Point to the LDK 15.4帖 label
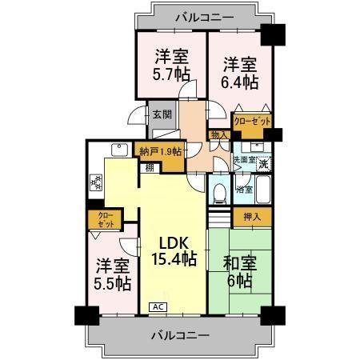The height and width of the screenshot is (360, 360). pyautogui.click(x=174, y=250)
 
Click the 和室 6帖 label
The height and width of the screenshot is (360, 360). pyautogui.click(x=239, y=272)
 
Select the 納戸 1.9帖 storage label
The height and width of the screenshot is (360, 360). pyautogui.click(x=160, y=151)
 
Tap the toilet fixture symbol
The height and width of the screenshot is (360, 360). pyautogui.click(x=218, y=190)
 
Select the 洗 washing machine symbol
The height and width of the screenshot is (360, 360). pyautogui.click(x=263, y=163)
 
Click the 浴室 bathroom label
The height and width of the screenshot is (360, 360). pyautogui.click(x=245, y=190)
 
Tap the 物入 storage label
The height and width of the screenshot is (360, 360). pyautogui.click(x=216, y=135)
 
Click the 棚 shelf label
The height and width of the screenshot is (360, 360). pyautogui.click(x=150, y=167)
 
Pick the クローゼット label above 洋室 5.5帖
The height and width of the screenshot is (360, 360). pyautogui.click(x=106, y=219)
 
